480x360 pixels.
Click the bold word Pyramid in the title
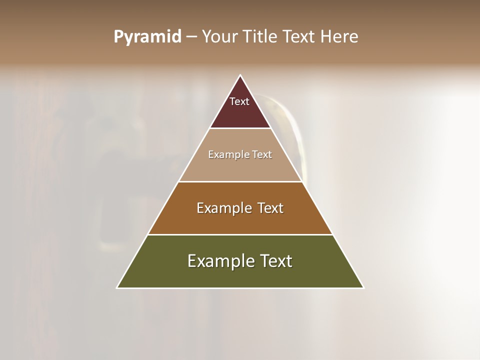click(147, 37)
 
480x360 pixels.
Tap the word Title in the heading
click(260, 37)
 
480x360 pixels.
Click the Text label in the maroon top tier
click(239, 101)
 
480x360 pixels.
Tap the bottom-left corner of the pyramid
click(117, 287)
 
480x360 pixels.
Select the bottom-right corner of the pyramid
click(363, 287)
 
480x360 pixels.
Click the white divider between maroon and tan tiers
click(240, 128)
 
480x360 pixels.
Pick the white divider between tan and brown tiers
click(240, 181)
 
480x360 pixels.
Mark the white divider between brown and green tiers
click(240, 234)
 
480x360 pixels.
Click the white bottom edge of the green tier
click(240, 288)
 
